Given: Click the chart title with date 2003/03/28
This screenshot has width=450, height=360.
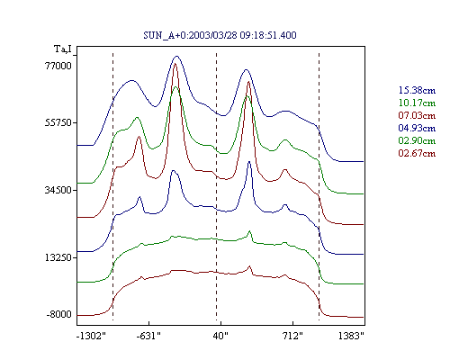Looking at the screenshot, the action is click(220, 35).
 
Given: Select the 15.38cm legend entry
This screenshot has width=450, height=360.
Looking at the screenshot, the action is click(417, 90).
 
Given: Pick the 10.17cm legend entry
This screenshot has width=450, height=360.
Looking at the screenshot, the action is click(417, 103).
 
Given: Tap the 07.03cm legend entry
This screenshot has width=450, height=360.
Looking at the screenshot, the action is click(417, 115).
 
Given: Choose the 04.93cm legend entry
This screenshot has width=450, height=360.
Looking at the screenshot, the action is click(417, 128).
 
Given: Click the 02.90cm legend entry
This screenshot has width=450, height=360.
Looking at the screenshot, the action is click(417, 140).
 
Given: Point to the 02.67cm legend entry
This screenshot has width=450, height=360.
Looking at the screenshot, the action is click(417, 153).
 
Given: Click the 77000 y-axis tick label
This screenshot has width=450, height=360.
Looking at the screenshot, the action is click(58, 66).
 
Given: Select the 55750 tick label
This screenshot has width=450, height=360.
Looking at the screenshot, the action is click(58, 123).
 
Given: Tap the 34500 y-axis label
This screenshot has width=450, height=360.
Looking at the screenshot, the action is click(58, 190).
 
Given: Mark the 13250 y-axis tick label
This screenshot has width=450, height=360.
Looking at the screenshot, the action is click(58, 257).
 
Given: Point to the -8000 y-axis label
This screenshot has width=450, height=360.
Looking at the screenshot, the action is click(58, 314).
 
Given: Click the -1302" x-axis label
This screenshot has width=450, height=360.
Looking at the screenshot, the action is click(92, 336).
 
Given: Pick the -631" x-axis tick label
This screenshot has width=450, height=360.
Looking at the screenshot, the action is click(148, 336).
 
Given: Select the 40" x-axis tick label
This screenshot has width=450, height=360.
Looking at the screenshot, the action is click(220, 336).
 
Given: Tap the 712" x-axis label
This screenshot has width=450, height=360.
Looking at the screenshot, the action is click(292, 336).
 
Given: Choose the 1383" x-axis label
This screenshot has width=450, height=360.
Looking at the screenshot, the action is click(351, 336).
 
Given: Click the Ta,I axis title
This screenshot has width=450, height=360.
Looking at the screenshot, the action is click(63, 49).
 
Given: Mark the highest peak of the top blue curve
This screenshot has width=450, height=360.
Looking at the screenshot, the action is click(176, 56).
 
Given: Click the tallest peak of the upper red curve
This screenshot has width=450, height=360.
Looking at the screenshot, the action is click(175, 64).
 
